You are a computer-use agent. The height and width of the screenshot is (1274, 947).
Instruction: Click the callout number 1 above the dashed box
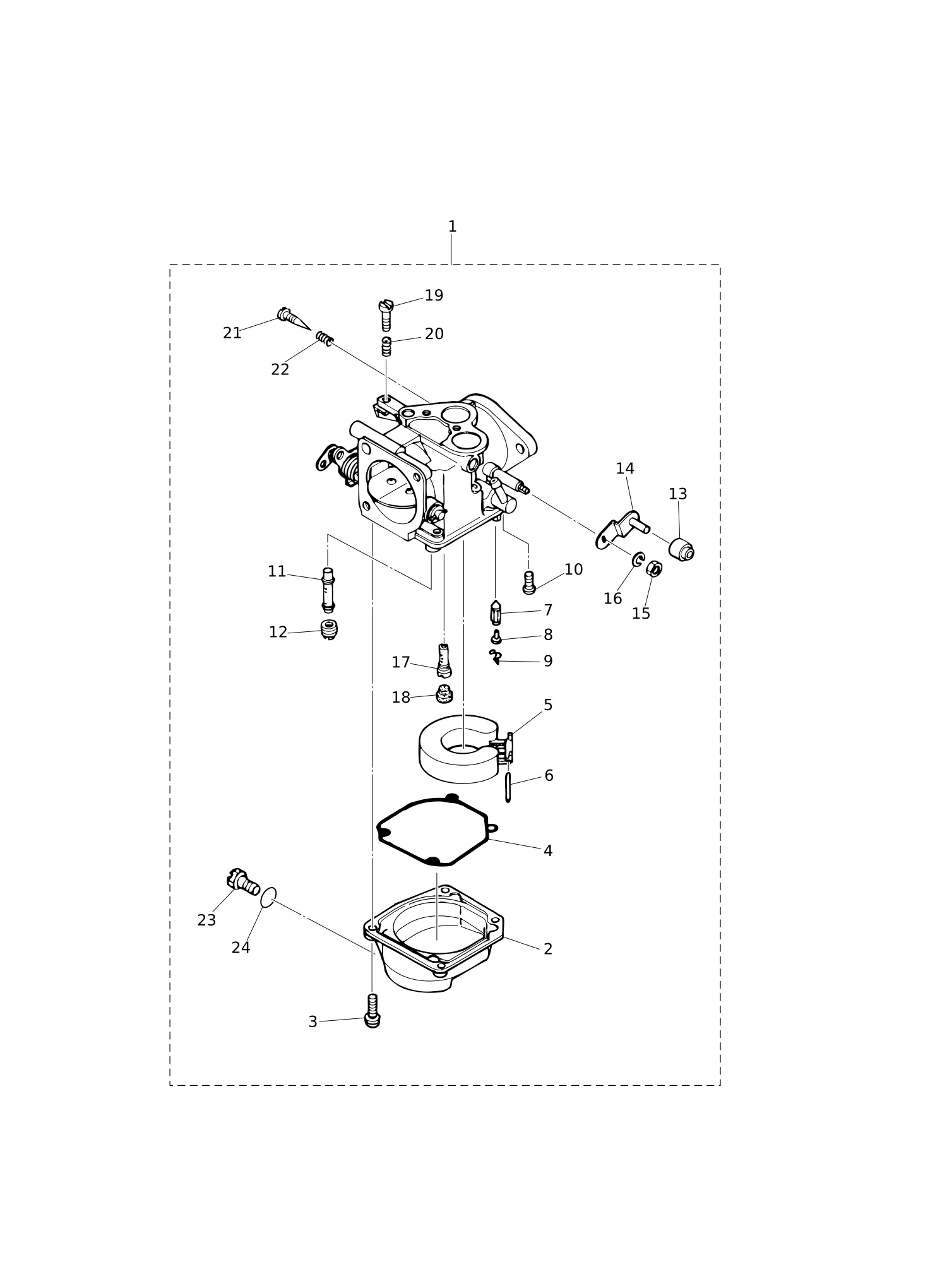[x=452, y=227]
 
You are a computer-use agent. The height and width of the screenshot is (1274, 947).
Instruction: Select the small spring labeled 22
[x=325, y=338]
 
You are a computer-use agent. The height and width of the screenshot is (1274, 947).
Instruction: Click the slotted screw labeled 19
[x=386, y=315]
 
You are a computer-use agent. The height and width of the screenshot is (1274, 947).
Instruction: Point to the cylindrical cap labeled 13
[x=681, y=549]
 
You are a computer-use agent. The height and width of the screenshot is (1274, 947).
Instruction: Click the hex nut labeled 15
[x=654, y=568]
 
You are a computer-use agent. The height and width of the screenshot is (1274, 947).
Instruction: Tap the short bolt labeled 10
[x=529, y=582]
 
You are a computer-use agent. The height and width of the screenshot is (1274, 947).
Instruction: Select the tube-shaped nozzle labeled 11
[x=328, y=590]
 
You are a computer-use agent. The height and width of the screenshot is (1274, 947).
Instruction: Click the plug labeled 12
[x=329, y=629]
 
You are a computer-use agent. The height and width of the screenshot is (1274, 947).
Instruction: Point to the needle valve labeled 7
[x=496, y=612]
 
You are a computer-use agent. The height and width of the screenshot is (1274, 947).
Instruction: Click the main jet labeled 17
[x=444, y=660]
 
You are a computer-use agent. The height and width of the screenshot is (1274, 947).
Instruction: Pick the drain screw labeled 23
[x=243, y=881]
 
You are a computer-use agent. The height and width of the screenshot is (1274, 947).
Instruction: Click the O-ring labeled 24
[x=268, y=896]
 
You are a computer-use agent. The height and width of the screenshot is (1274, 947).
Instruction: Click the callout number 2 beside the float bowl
[x=548, y=949]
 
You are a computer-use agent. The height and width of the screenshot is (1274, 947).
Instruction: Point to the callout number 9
[x=548, y=661]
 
